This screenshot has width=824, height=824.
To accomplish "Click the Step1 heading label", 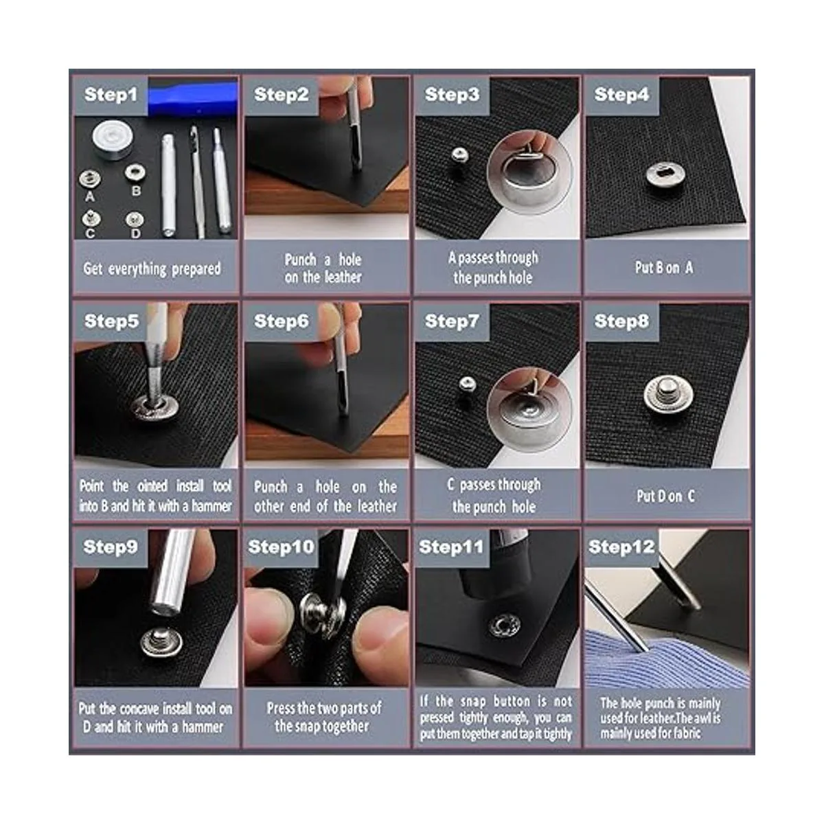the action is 111,95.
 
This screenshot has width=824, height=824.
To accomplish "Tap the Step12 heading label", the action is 621,547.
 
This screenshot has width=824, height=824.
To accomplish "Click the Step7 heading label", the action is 452,321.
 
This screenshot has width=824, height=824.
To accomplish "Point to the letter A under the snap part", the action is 90,196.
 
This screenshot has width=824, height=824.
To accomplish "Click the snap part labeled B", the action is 135,172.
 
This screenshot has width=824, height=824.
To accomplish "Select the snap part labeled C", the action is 91,218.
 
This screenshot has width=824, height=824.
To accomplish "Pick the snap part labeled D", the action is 135,220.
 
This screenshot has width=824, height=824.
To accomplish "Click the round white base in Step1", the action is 113,139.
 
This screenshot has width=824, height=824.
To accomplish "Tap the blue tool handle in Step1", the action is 192,98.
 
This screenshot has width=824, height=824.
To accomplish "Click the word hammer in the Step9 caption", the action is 203,726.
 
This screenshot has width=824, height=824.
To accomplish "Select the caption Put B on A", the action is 664,268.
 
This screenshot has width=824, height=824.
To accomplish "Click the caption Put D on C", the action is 666,496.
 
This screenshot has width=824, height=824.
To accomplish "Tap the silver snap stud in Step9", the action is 161,641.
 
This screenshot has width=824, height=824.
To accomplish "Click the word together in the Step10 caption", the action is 345,726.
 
